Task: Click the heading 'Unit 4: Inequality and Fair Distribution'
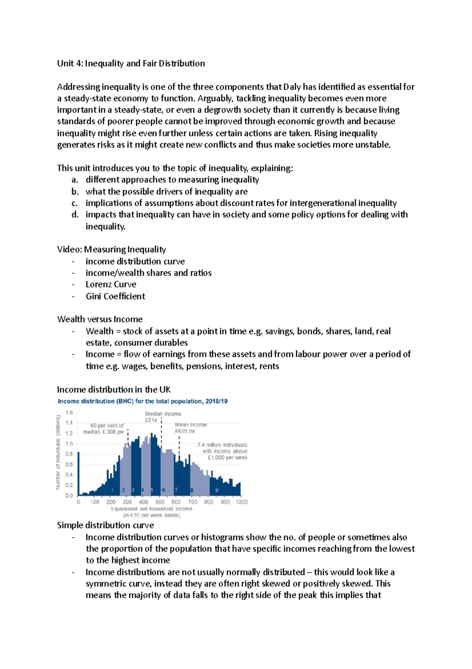131,63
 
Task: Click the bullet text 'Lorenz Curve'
111,284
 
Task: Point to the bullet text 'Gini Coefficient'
115,296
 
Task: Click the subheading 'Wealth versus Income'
100,319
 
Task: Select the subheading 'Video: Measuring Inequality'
111,249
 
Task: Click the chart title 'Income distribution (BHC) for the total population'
142,401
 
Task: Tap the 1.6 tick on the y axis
69,413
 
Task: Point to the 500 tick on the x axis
160,502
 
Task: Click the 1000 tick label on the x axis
242,502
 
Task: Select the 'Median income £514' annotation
163,417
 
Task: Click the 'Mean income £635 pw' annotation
191,428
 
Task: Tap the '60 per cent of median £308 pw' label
103,429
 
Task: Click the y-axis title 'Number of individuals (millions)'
58,452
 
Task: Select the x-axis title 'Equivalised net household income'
151,509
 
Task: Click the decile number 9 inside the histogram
217,490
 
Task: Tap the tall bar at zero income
78,473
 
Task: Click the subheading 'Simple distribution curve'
105,525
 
